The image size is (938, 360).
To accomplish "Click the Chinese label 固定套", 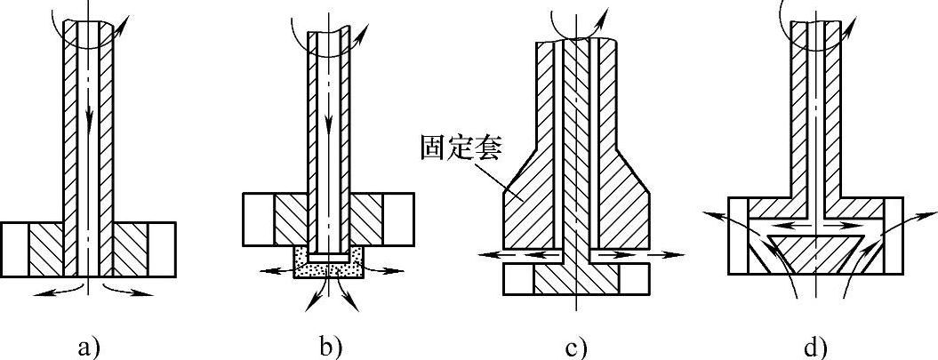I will tap(461, 147).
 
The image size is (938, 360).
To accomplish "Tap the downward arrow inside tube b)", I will tap(330, 124).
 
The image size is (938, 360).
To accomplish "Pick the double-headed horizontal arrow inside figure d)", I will tap(816, 227).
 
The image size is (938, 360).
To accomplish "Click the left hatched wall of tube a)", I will tap(70, 133).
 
